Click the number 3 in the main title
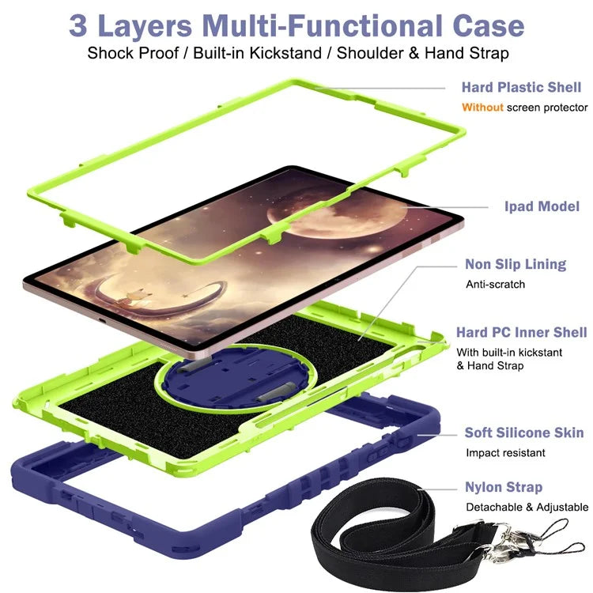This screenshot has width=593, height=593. (x=78, y=26)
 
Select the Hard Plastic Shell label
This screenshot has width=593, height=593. (x=521, y=87)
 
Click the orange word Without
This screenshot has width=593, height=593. (x=482, y=108)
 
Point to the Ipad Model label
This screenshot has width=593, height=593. (x=542, y=206)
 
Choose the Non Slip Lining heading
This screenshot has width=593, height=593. (x=516, y=264)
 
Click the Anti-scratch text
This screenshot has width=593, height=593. (x=496, y=285)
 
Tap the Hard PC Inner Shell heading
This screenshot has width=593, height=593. (x=522, y=332)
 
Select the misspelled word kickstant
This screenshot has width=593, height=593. (x=541, y=353)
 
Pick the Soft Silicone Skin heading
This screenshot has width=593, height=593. (x=524, y=432)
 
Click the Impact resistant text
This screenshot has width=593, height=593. (x=505, y=453)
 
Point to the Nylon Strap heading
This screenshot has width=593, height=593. (x=504, y=488)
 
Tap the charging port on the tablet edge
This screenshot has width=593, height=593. (x=102, y=322)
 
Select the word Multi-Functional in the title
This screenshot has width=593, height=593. (x=323, y=26)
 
